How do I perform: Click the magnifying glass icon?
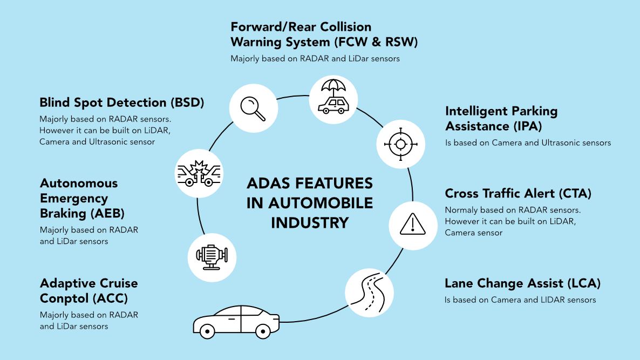click(x=253, y=108)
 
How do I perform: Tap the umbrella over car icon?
click(x=333, y=98)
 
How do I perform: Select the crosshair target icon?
click(x=400, y=144)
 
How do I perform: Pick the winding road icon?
click(x=369, y=292)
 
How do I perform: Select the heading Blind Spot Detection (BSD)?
click(x=122, y=103)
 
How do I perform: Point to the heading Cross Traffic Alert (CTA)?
click(x=518, y=193)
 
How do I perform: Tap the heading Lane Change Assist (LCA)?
click(x=522, y=283)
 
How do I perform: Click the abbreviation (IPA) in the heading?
click(x=525, y=126)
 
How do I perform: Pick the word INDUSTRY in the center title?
click(x=310, y=222)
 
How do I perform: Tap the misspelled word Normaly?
click(x=460, y=210)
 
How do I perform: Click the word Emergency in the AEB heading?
click(x=74, y=198)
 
